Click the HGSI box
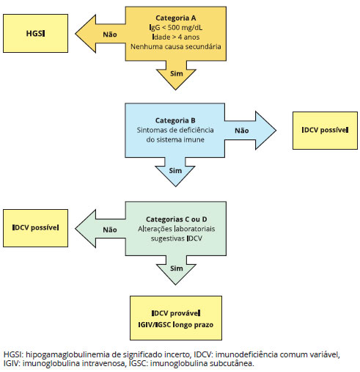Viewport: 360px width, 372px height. pos(35,33)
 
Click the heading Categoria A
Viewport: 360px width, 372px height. pos(176,18)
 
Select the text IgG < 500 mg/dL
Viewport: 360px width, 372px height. pos(176,27)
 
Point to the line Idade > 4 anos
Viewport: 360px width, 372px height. pos(176,37)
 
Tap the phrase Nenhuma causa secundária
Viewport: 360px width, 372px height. pos(176,46)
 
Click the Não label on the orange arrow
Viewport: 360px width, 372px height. pos(110,34)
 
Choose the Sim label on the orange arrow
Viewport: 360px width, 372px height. pos(177,73)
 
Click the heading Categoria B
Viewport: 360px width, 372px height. pos(175,120)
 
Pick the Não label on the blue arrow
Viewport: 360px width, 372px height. pos(242,131)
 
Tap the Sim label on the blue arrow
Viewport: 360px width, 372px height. pos(175,170)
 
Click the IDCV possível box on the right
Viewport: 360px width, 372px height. pos(325,131)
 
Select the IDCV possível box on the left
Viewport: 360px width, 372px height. pos(35,228)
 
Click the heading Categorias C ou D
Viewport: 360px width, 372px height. pos(177,219)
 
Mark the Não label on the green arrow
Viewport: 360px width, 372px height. pos(110,230)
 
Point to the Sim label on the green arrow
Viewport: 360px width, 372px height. pos(177,269)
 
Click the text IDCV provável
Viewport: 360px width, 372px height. pos(176,313)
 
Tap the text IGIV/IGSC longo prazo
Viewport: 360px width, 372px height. pos(176,324)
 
